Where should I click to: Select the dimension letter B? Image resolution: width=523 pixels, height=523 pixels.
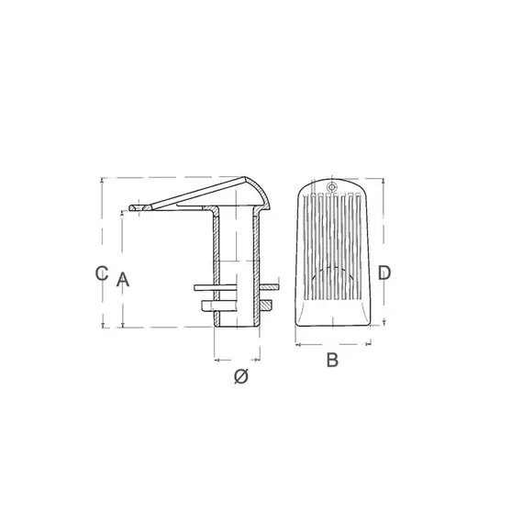coord(333,360)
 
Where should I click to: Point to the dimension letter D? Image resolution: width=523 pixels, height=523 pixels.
coord(384,273)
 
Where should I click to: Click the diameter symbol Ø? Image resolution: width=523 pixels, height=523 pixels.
coord(240,376)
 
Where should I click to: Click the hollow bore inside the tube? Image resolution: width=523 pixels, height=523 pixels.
coord(234,266)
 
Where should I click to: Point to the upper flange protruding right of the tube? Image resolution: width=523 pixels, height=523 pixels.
coord(267,286)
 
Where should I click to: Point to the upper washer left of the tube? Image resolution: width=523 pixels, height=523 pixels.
coord(207,286)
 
